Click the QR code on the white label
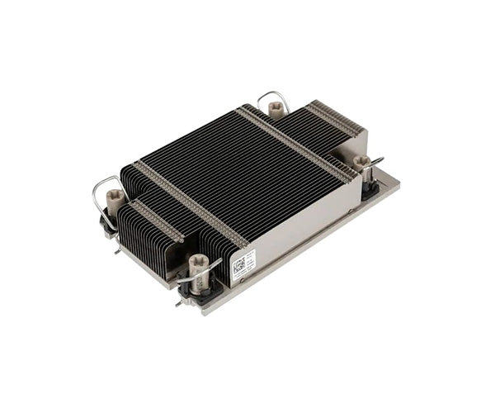point(238,265)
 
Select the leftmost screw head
point(115,197)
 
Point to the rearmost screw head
point(275,107)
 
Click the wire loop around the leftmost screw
point(103,195)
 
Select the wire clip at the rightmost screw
point(374,163)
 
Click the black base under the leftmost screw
point(108,221)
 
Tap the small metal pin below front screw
point(180,301)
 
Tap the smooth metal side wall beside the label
point(305,227)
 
